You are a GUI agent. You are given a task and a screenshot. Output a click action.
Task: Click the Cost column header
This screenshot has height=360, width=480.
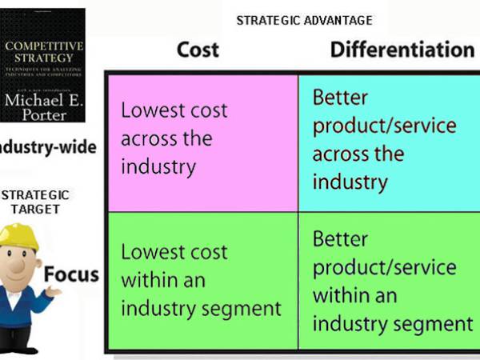coord(197,50)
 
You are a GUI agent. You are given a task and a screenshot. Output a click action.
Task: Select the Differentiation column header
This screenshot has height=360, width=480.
coord(402,50)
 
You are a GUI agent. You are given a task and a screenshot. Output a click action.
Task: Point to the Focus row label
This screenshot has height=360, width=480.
coord(71,276)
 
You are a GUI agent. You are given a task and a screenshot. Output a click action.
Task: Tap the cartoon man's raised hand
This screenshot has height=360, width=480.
coord(55,294)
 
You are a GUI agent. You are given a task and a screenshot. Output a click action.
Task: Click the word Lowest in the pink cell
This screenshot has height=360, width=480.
coord(150,110)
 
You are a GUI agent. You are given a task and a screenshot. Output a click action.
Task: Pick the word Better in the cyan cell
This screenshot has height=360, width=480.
coord(341,98)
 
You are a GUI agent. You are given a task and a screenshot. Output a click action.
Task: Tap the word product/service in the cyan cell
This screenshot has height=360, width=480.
coord(384,126)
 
